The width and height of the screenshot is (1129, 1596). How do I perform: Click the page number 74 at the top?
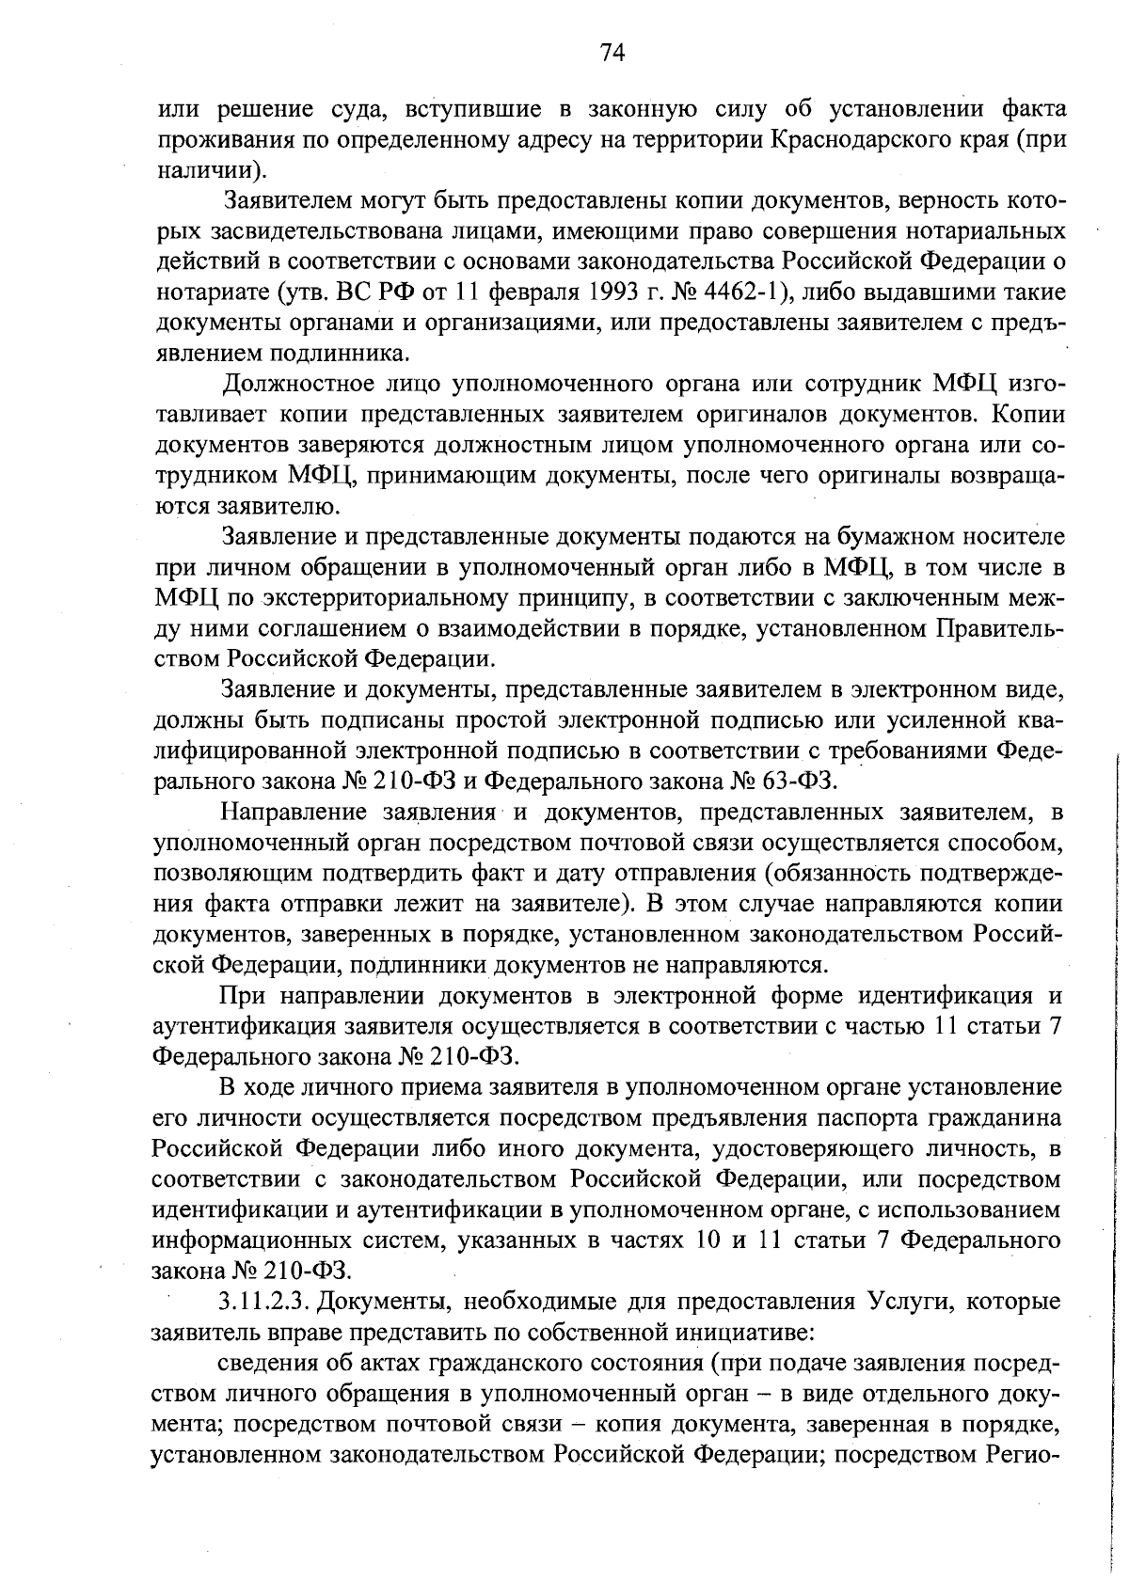coord(612,53)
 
